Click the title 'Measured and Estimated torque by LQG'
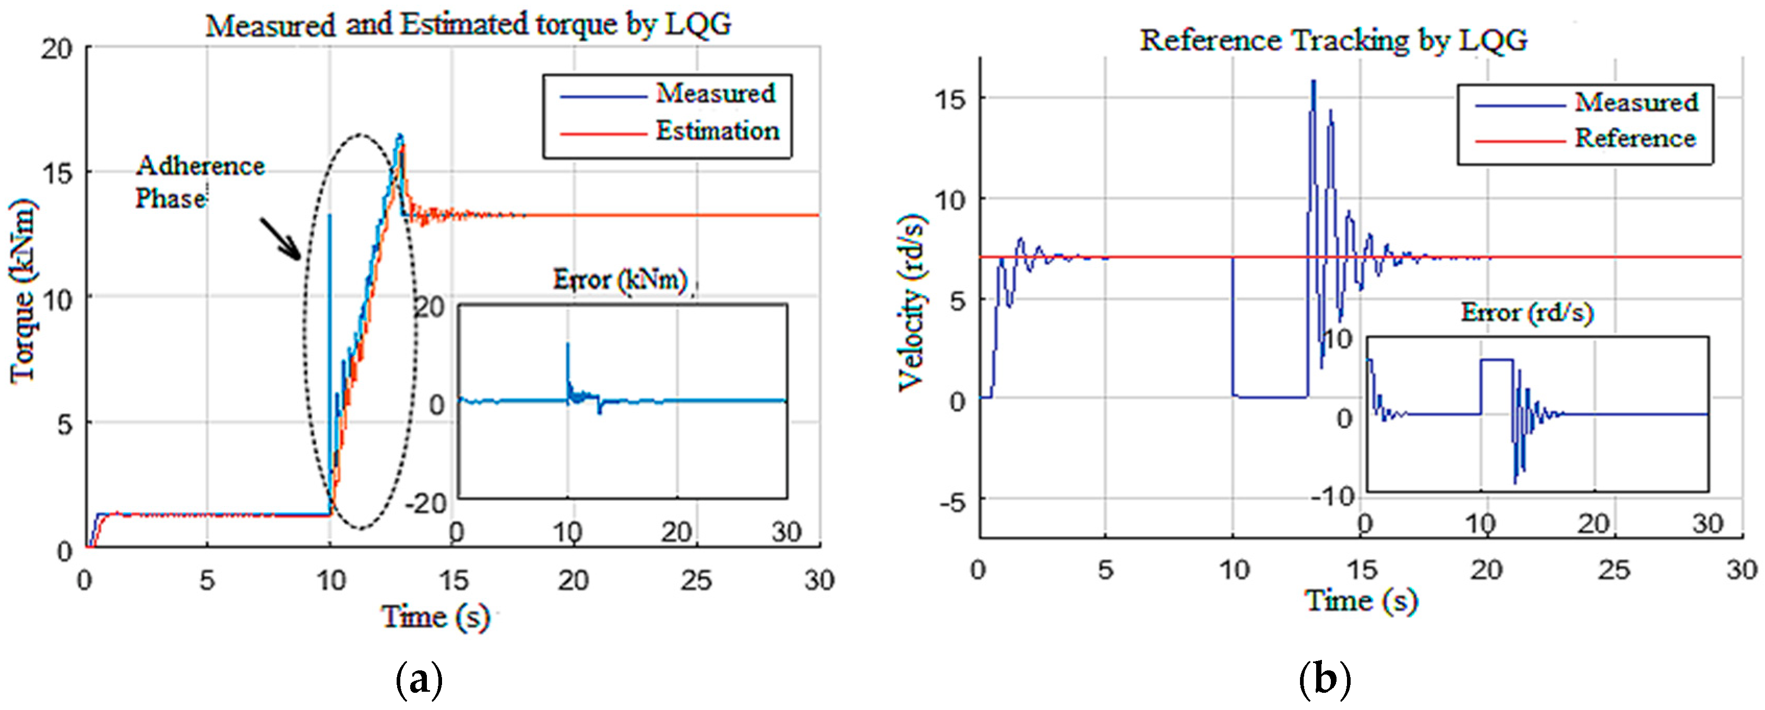[469, 26]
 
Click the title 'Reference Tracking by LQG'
[1333, 40]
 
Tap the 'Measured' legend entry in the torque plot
[715, 93]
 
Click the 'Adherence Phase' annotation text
[199, 182]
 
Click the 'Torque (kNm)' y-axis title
[22, 291]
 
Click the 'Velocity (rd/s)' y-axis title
[911, 301]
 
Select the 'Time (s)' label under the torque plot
[436, 616]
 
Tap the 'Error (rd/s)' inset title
[1527, 313]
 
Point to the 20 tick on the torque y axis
[56, 49]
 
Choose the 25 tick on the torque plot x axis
[696, 581]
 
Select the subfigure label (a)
[419, 680]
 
